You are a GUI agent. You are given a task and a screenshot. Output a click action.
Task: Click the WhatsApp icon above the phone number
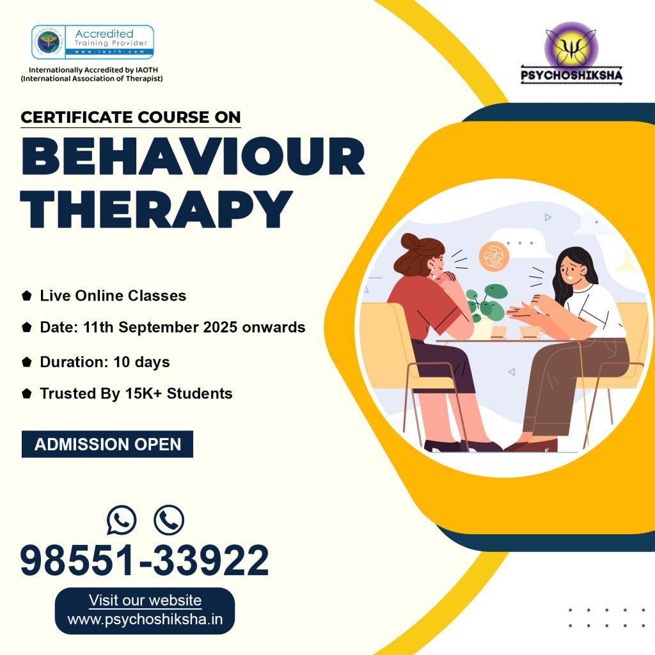[122, 519]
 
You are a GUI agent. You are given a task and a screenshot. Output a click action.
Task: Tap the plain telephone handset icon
[169, 519]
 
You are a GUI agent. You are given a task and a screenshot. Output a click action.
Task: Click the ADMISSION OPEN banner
[107, 444]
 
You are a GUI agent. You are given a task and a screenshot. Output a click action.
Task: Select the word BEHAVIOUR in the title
[193, 156]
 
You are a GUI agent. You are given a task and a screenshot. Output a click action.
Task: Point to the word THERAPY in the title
[156, 209]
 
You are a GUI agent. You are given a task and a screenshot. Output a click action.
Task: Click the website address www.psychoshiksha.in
[145, 619]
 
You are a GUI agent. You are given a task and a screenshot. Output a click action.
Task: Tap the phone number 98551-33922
[145, 560]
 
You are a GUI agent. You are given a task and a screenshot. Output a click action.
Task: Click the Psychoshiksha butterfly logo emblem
[571, 47]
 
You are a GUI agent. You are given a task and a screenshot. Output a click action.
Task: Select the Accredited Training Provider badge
[93, 42]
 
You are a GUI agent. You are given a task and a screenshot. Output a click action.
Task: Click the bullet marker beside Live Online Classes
[27, 296]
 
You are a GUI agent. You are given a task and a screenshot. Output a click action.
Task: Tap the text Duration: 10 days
[105, 362]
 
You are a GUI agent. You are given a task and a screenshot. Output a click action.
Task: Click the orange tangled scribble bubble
[494, 256]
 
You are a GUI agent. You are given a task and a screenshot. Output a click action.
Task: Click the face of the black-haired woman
[571, 271]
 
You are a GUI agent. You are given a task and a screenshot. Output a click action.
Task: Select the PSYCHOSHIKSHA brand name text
[571, 75]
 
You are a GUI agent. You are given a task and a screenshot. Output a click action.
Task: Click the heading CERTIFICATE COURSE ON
[130, 117]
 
